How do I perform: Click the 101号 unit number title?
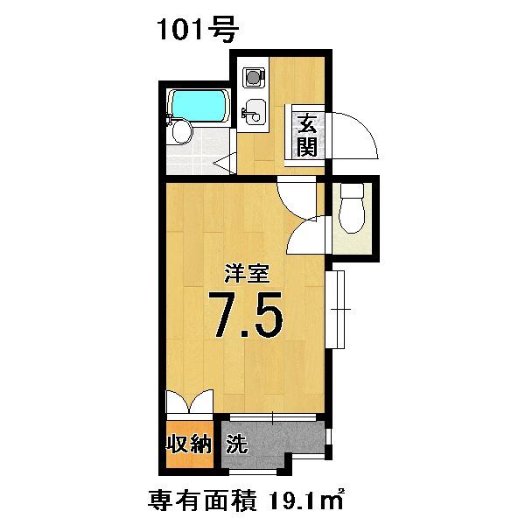point(198,29)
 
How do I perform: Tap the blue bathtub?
point(199,106)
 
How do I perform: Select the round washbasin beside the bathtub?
point(182,132)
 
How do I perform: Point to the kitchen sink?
point(254,111)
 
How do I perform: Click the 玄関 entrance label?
point(307,134)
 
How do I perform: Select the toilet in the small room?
point(352,207)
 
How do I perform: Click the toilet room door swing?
point(306,235)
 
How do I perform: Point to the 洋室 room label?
point(248,273)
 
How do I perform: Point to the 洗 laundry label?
point(236,444)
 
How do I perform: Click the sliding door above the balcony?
point(273,417)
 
